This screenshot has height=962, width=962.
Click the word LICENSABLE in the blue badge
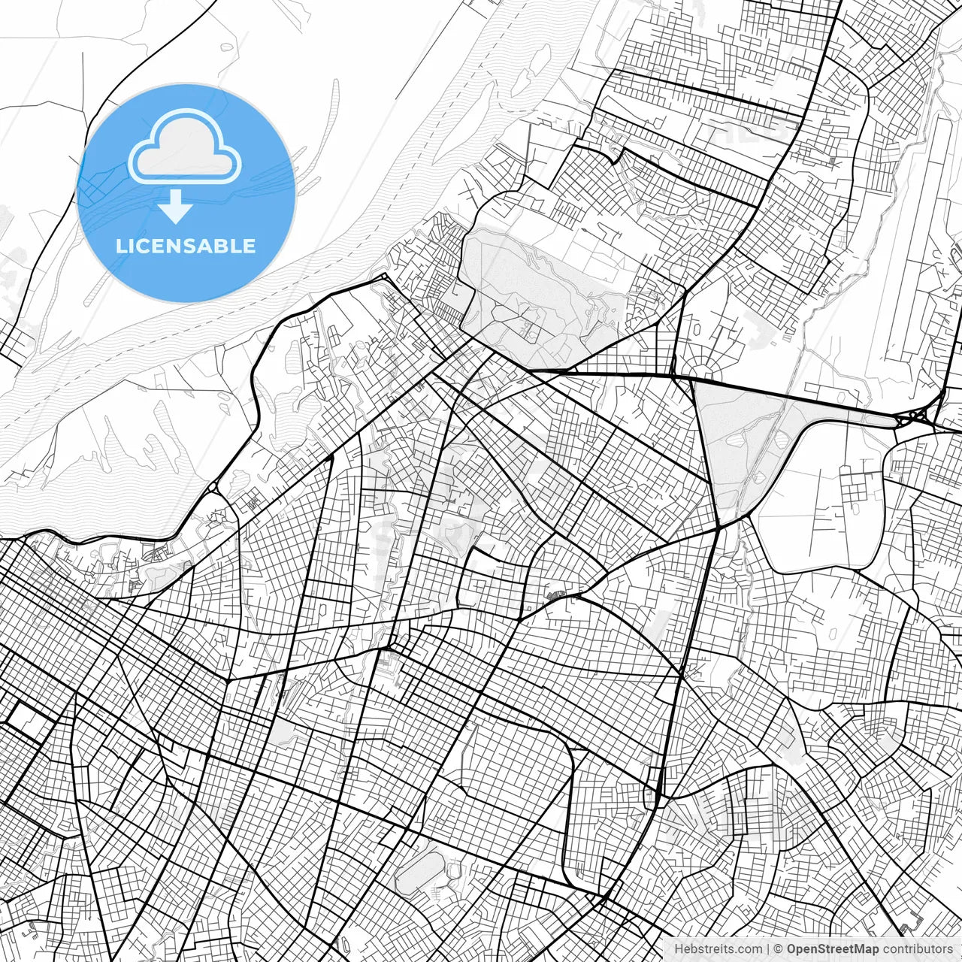pos(186,246)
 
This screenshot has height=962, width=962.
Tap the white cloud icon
pos(185,147)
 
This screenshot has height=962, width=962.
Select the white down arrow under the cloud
pos(176,207)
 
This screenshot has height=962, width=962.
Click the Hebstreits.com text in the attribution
pos(718,949)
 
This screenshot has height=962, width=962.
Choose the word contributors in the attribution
pos(918,949)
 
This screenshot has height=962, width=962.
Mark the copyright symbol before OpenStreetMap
pos(779,949)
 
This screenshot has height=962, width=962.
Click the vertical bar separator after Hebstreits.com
pos(767,949)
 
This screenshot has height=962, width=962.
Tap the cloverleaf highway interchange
pos(916,416)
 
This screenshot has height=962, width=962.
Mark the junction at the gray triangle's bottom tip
pos(720,526)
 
